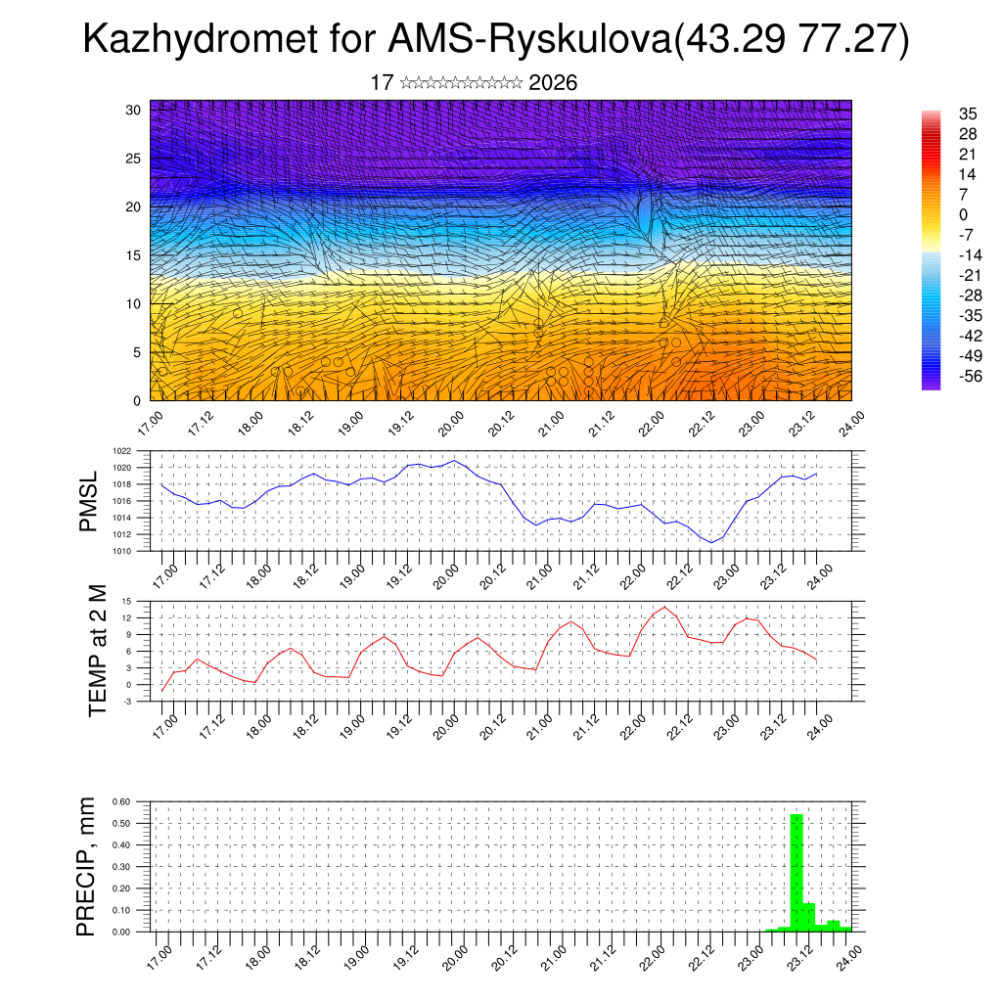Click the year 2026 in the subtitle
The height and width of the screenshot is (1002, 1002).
tap(553, 83)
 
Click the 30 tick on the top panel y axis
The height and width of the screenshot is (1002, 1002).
tap(134, 110)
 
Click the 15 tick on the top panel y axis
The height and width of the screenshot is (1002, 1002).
tap(134, 255)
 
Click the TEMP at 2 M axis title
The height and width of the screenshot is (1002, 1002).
tap(97, 651)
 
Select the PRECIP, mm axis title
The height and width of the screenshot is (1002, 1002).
tap(88, 866)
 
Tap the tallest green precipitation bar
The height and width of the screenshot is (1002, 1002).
tap(797, 871)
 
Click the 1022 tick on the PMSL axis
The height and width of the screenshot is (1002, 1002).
tap(122, 451)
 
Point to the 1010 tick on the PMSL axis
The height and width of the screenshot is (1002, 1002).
tap(122, 551)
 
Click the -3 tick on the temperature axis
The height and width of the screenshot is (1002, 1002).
tap(126, 702)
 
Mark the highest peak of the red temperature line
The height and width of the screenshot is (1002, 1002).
tap(664, 607)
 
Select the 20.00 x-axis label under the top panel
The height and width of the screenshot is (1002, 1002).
tap(450, 425)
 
